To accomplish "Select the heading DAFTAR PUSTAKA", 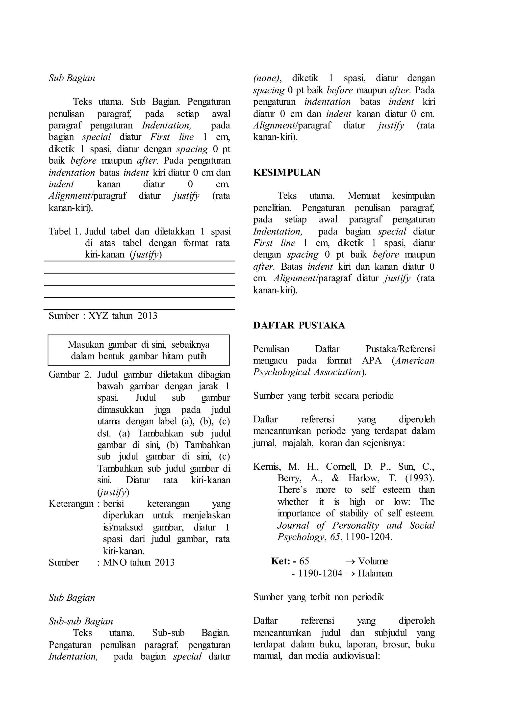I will click(299, 325).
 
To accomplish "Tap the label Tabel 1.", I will click(65, 231).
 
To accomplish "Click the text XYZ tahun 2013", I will click(123, 316).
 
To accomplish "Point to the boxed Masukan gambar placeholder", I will click(139, 350).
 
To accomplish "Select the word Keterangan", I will click(71, 504).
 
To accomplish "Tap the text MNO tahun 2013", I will click(139, 563).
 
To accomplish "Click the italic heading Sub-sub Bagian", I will click(80, 621).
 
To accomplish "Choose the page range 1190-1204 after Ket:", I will click(320, 573).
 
